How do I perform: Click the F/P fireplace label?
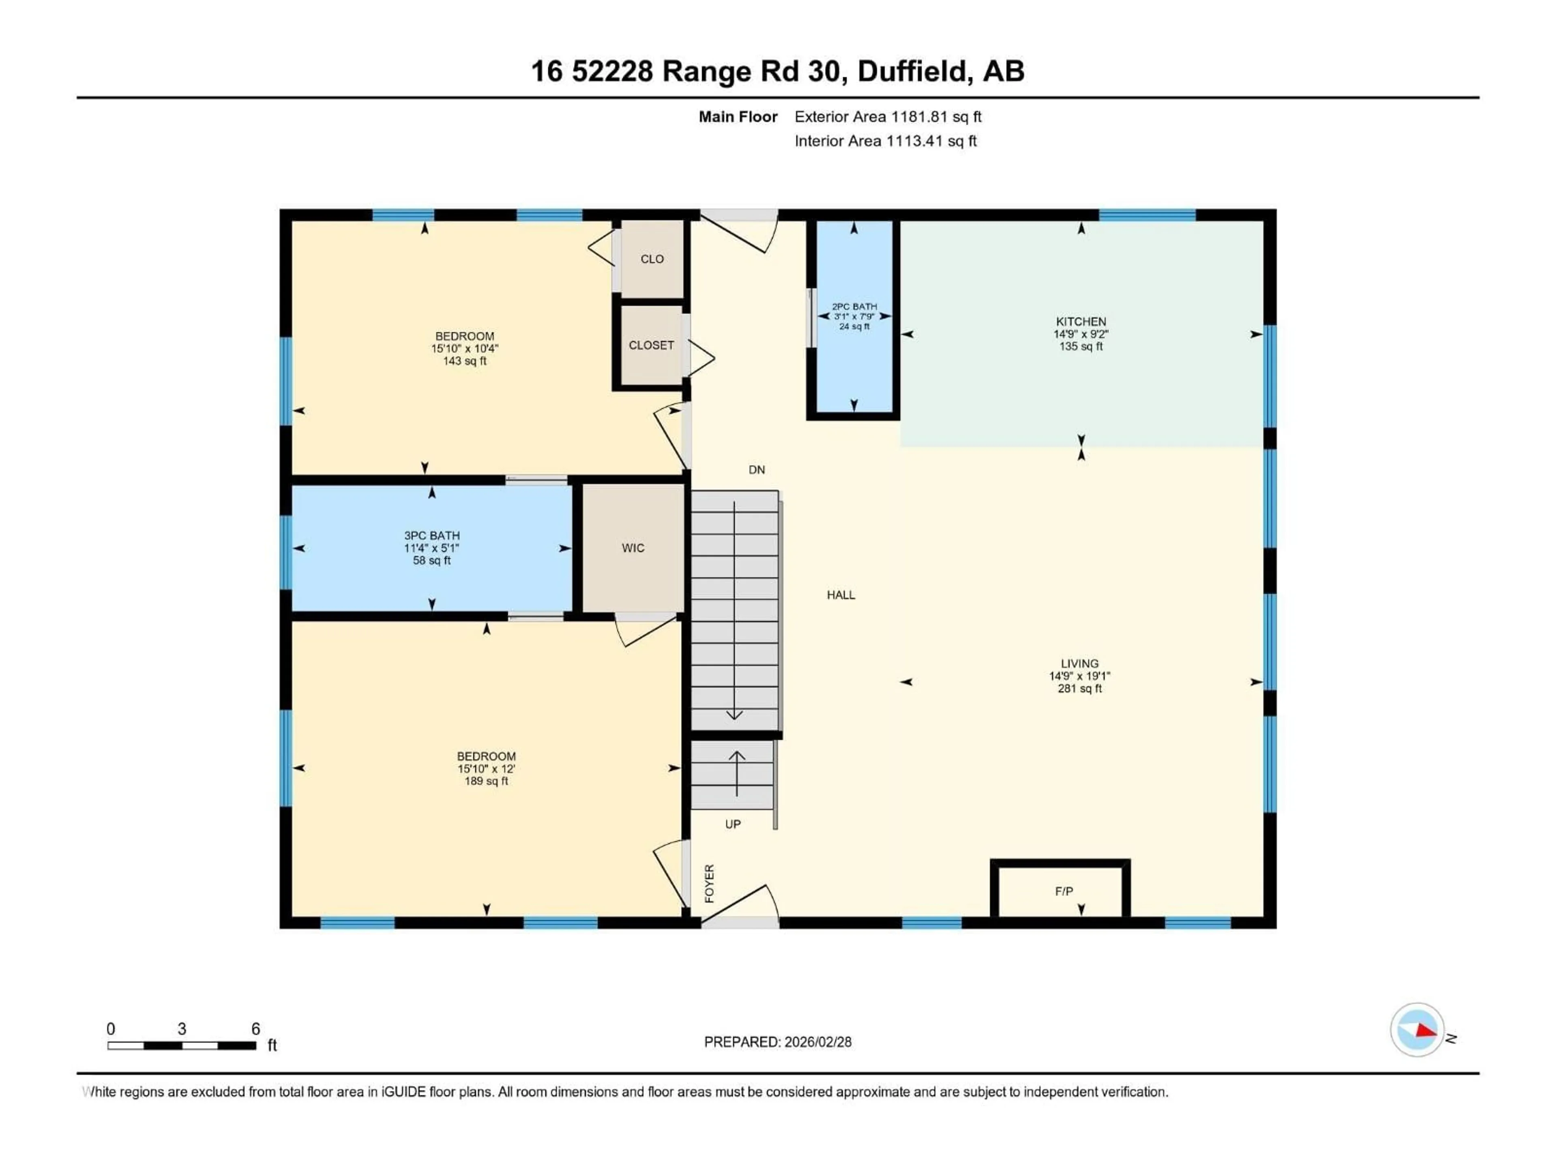[x=1064, y=891]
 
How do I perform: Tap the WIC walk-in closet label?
[x=633, y=548]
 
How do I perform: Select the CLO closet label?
[x=652, y=259]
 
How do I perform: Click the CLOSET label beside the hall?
[x=651, y=345]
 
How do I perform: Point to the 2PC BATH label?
[x=854, y=307]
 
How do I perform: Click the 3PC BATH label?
[x=431, y=536]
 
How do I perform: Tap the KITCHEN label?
[x=1081, y=322]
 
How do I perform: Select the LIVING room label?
[x=1079, y=663]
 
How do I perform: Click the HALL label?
[x=841, y=595]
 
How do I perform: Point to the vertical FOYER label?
[x=710, y=883]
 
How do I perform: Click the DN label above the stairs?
[x=757, y=470]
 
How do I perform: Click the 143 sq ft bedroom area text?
[x=465, y=361]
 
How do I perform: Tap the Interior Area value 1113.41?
[x=913, y=141]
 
